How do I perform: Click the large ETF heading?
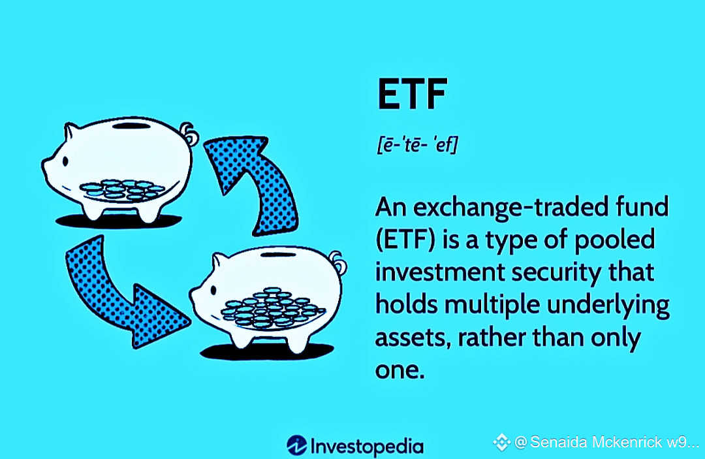click(x=413, y=94)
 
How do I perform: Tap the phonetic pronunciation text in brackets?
click(x=417, y=145)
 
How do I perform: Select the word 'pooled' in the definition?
click(x=615, y=240)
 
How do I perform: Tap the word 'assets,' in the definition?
click(x=413, y=338)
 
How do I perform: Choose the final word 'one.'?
click(x=399, y=371)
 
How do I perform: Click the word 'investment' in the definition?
click(x=440, y=272)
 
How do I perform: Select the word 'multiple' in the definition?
click(x=492, y=305)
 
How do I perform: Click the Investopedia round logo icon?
click(x=297, y=445)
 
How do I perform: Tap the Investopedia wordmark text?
click(x=367, y=447)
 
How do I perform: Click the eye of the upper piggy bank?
click(x=66, y=161)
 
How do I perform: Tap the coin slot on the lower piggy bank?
click(x=278, y=255)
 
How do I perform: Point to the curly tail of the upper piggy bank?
click(x=189, y=133)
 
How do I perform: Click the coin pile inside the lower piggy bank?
click(x=272, y=307)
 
